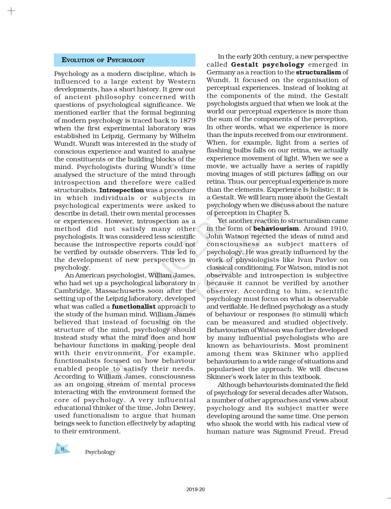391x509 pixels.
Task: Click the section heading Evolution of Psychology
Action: click(x=103, y=60)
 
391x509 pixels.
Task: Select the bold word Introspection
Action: click(x=121, y=190)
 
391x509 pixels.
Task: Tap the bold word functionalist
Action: click(x=134, y=306)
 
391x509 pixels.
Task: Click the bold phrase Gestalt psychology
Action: click(x=267, y=65)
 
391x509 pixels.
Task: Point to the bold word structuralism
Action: click(x=318, y=72)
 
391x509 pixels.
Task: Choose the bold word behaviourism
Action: click(x=276, y=229)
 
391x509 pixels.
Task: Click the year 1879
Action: click(x=188, y=121)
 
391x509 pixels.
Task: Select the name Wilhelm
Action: click(x=183, y=136)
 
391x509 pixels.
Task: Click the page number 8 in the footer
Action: click(x=62, y=449)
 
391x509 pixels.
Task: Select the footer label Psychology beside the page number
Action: click(x=100, y=452)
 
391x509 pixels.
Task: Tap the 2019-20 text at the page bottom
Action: click(x=195, y=489)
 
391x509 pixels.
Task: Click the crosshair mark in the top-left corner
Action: click(x=11, y=11)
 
